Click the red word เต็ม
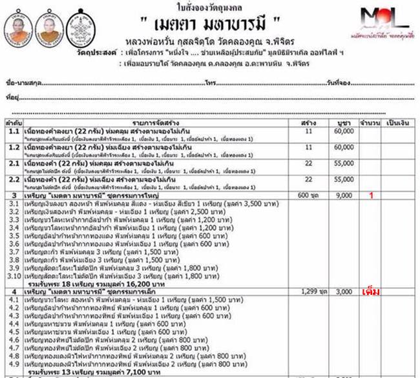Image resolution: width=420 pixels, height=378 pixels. (371, 292)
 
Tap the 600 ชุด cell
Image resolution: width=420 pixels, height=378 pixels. (308, 195)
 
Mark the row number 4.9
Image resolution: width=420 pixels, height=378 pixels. (12, 363)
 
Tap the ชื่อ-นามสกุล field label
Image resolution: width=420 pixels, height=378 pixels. (19, 85)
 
